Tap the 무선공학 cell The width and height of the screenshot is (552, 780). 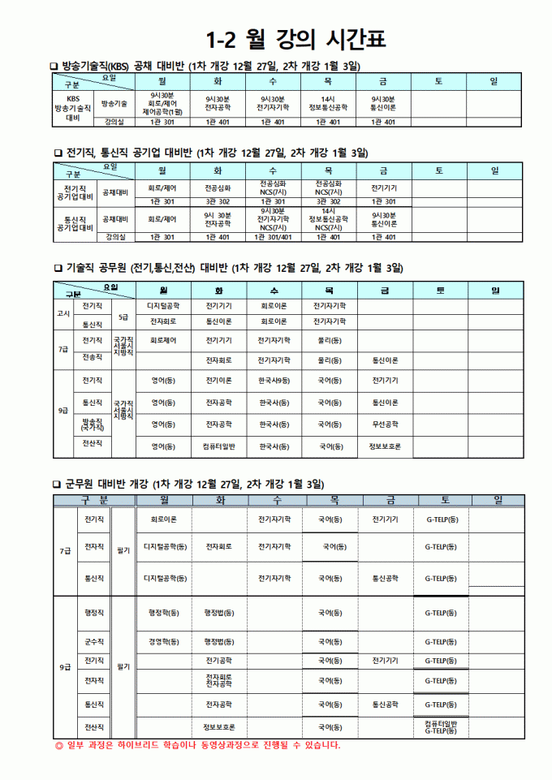pos(385,424)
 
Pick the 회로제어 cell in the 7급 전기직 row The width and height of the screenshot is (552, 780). pos(162,340)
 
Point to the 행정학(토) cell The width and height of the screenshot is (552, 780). pos(164,613)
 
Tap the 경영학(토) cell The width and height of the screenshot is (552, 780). pos(164,641)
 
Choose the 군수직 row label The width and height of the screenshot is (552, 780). pos(93,641)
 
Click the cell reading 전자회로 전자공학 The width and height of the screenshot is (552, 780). pos(219,680)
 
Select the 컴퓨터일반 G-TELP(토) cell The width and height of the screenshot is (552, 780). pos(441,727)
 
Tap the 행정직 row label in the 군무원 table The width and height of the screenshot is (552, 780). pos(93,613)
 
